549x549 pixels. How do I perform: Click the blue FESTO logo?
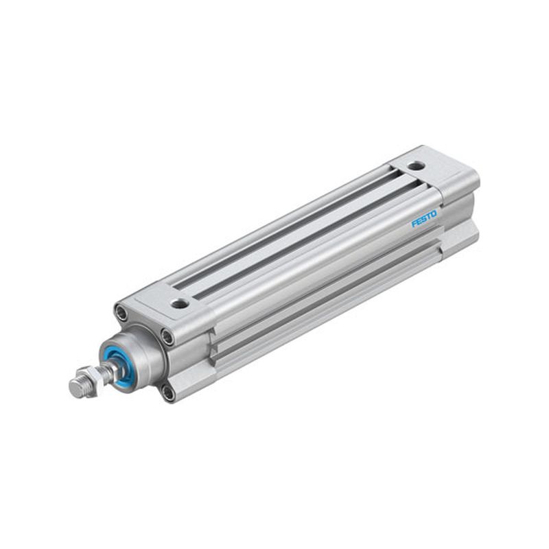(x=424, y=218)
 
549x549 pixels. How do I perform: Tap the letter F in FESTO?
(x=414, y=223)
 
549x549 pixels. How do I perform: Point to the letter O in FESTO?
(x=434, y=214)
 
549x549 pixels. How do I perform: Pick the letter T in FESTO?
(x=429, y=216)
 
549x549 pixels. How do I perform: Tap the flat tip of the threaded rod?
(x=74, y=388)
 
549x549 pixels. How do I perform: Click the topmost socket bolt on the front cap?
(x=121, y=312)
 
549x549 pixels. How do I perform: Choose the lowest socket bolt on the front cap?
(x=168, y=393)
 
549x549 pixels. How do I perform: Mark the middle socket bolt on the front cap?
(x=167, y=336)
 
